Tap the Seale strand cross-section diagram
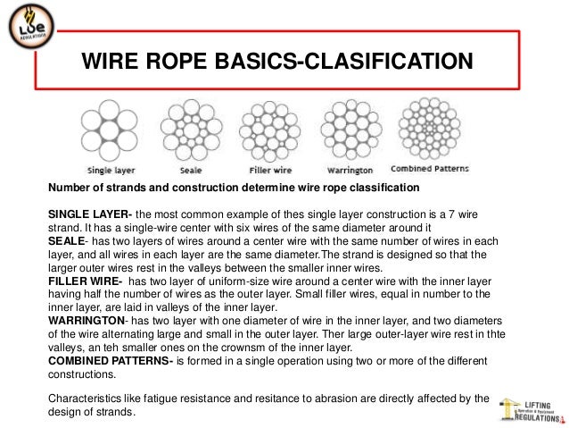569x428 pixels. [187, 131]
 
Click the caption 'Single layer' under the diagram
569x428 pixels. [111, 170]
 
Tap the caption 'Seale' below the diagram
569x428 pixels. [188, 170]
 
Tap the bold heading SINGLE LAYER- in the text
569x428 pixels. [89, 214]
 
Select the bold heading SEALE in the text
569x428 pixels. [65, 240]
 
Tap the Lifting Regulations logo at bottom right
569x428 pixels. [531, 408]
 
